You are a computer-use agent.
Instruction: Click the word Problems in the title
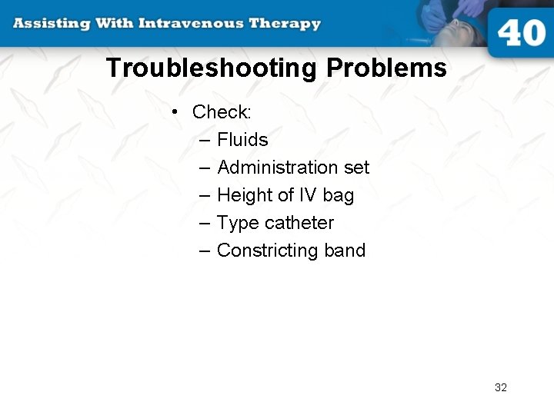[386, 68]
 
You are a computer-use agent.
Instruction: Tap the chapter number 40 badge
[521, 33]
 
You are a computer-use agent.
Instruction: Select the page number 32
[501, 387]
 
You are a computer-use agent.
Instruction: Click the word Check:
[222, 112]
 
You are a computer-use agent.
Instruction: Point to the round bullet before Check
[176, 112]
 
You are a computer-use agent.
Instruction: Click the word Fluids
[242, 140]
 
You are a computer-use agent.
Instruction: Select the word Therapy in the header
[284, 23]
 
